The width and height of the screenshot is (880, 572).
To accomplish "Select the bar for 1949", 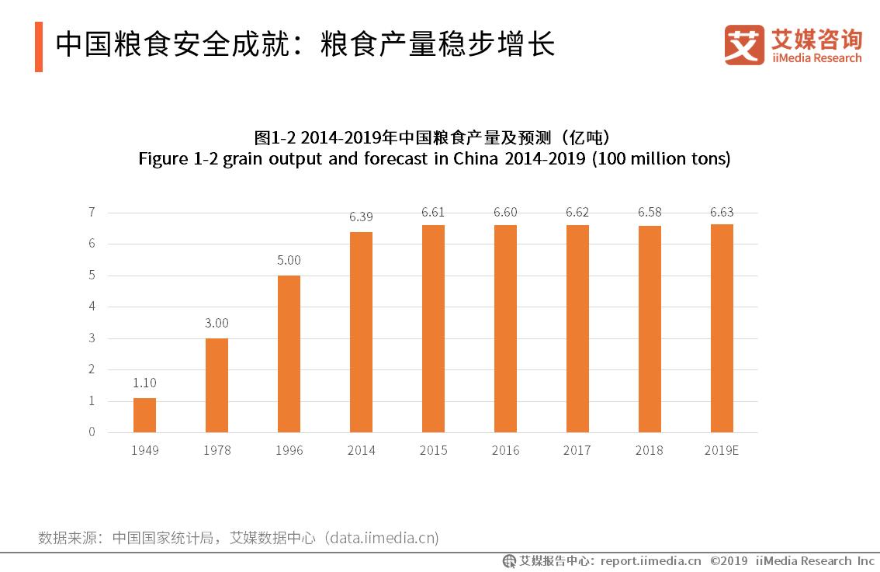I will point(144,415).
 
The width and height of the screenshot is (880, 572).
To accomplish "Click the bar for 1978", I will point(217,385).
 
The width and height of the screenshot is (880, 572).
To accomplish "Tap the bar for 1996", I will point(289,354).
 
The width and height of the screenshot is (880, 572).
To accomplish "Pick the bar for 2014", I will point(361,332).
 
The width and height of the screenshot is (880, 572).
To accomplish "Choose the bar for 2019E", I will point(722,328).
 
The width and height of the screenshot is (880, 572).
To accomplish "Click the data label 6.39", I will point(361,217).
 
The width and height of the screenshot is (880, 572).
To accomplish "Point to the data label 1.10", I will point(144,383).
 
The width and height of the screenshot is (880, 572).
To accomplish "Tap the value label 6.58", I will point(650,211).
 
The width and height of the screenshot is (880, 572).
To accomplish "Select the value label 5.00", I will point(289,261).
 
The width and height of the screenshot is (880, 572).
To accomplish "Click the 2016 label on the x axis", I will point(505,450).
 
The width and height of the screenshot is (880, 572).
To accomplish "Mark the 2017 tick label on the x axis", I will point(577,450).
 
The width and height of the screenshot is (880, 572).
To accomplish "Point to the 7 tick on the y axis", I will point(92,212).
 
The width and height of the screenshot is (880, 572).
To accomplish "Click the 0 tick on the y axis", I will point(92,432).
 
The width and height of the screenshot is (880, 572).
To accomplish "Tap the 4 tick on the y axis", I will point(92,307).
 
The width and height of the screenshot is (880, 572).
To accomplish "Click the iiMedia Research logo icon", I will point(743,45).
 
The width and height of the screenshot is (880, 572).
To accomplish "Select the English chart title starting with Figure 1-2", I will point(435,159).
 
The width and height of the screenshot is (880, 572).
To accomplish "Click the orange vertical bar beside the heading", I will point(39,47).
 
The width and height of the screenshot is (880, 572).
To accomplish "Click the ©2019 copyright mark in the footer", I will point(728,561).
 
